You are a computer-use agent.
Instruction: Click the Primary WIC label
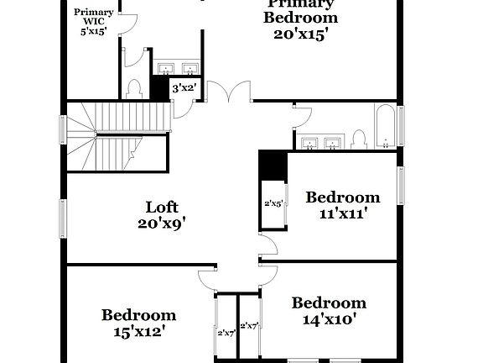click(94, 17)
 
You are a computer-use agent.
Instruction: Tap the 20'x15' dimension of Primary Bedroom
click(301, 34)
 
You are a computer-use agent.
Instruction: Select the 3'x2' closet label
click(183, 87)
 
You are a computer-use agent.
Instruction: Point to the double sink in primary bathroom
click(176, 67)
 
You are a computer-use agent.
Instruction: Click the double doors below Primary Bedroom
click(226, 92)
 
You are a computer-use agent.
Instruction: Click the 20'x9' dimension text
click(162, 223)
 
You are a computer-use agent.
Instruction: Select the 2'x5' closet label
click(273, 203)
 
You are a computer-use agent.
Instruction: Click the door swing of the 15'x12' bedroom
click(208, 276)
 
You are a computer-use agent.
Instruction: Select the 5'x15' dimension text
click(94, 32)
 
